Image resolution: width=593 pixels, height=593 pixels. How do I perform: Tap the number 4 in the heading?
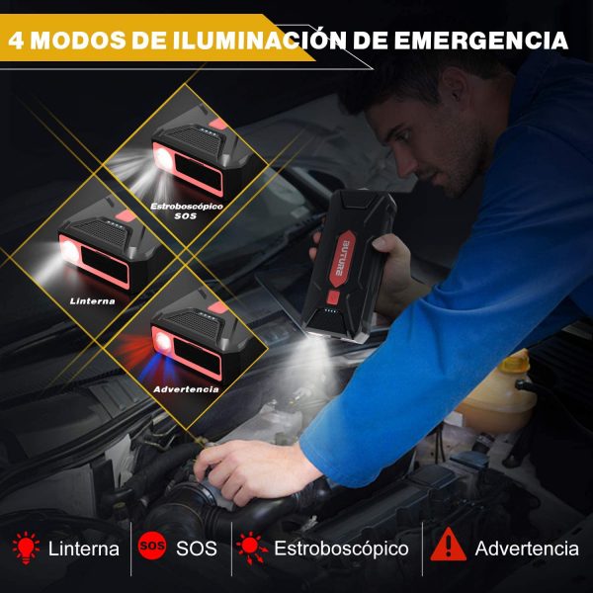pos(16,41)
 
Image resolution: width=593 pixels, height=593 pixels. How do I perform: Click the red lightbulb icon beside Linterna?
pos(26,548)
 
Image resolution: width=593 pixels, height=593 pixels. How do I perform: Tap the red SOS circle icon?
pos(152,546)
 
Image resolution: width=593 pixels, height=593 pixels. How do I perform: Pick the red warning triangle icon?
pos(448,545)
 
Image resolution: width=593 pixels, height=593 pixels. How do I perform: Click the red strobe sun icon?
pos(251,548)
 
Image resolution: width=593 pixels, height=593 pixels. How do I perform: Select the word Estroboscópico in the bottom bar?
pos(341,549)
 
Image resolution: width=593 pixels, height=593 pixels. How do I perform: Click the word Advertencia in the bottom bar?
pos(527,549)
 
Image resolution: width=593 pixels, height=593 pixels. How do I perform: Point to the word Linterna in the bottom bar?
pos(84,549)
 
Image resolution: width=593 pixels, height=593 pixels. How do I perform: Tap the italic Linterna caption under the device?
pos(93,301)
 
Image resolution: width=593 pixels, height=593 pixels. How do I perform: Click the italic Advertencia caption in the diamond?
pos(186,389)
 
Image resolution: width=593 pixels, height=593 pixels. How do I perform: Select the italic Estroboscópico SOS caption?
pos(187,212)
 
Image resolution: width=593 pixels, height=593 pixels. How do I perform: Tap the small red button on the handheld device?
pos(333,297)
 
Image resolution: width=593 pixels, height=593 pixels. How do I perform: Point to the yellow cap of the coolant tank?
pos(515,363)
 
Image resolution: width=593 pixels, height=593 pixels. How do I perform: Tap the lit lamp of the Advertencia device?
pos(163,341)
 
